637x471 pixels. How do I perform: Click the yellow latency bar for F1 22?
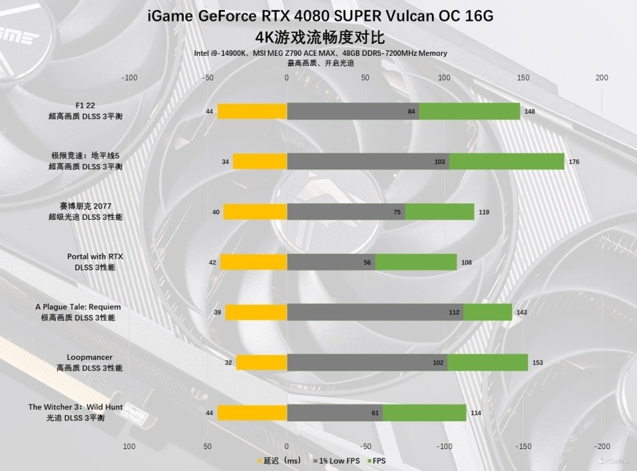point(252,112)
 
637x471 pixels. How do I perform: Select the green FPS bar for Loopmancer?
point(488,363)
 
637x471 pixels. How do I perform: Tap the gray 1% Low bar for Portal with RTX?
point(331,262)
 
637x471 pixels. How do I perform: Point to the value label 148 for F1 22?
point(530,112)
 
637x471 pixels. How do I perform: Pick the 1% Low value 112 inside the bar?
point(454,312)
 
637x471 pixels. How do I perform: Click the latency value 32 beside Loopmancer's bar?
point(228,363)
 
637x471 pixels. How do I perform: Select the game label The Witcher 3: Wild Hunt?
point(75,407)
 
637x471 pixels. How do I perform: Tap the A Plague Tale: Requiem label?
point(78,307)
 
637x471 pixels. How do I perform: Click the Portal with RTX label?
point(95,256)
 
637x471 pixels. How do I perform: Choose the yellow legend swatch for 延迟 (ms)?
point(259,460)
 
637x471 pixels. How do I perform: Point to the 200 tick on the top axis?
point(602,78)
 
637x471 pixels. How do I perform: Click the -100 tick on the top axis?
point(129,78)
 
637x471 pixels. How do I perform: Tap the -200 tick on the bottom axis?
point(602,446)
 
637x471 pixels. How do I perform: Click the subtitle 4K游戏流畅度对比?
point(320,37)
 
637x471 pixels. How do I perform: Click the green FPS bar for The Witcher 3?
point(424,413)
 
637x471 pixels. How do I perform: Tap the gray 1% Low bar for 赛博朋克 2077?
point(346,212)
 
